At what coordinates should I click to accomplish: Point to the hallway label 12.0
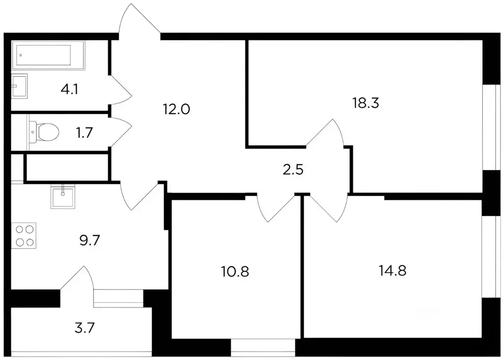tap(176, 109)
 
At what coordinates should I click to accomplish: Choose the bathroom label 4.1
tap(69, 90)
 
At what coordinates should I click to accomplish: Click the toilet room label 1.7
tap(84, 132)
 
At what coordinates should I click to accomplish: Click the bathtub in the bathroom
tap(50, 55)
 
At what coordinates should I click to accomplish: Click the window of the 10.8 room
tap(263, 347)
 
